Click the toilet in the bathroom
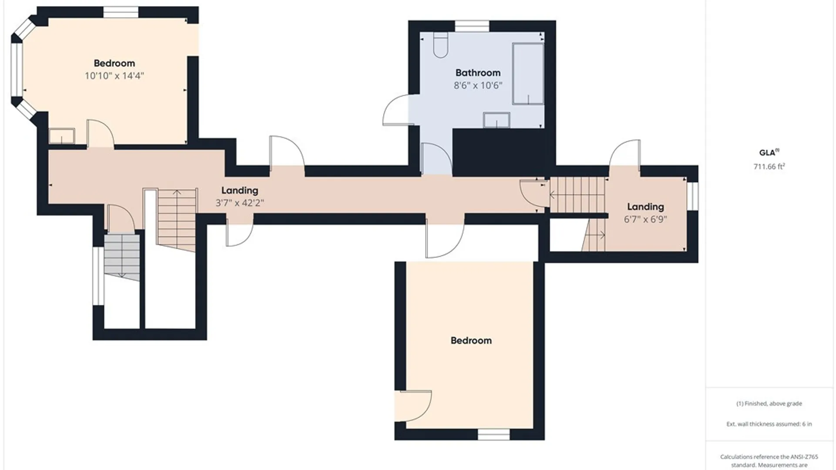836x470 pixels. click(x=441, y=45)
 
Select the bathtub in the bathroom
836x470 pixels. click(x=528, y=74)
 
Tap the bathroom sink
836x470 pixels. click(x=496, y=120)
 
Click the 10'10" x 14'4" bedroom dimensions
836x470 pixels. click(x=114, y=76)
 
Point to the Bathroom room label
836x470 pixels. click(x=478, y=73)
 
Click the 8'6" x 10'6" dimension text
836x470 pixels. click(x=478, y=85)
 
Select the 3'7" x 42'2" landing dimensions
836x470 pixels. click(x=239, y=203)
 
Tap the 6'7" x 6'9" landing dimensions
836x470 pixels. click(x=645, y=219)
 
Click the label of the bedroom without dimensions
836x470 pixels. click(x=471, y=340)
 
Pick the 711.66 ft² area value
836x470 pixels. click(x=769, y=166)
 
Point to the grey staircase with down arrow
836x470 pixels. click(x=122, y=257)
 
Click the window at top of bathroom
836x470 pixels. click(x=472, y=26)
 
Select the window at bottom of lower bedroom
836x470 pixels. click(x=493, y=434)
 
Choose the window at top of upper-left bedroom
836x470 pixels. click(x=121, y=12)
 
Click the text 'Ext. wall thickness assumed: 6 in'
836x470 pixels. click(x=769, y=424)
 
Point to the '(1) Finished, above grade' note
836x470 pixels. click(x=769, y=403)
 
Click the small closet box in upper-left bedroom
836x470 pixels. click(x=61, y=136)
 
